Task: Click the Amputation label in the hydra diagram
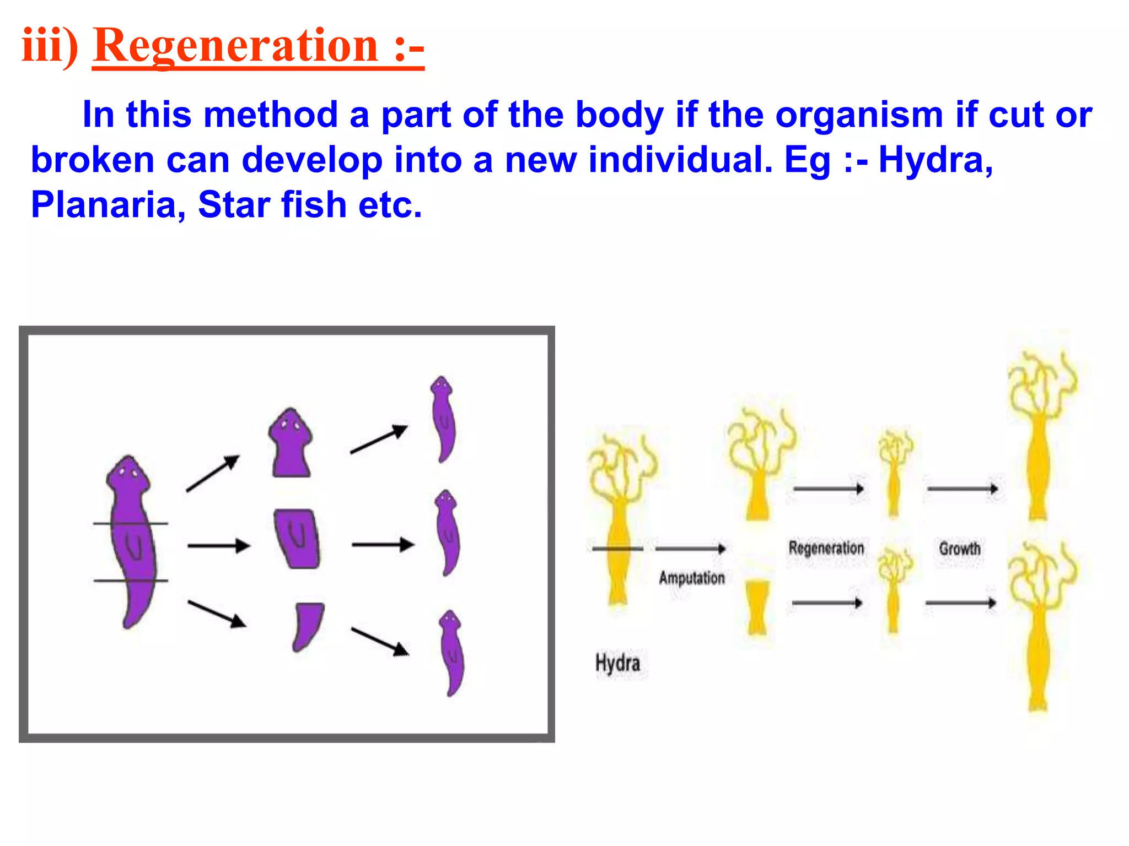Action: click(692, 578)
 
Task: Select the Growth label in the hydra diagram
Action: click(960, 549)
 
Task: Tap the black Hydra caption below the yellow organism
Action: click(617, 663)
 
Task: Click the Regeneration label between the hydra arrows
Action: click(826, 549)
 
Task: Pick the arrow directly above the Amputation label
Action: click(690, 549)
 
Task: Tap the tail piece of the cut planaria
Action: click(307, 626)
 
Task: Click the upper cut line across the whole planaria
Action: click(131, 523)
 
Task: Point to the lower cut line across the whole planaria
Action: click(131, 581)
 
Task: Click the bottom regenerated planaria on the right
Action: click(453, 653)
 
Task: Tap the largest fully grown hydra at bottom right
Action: click(1039, 628)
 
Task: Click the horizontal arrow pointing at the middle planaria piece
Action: click(219, 546)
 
